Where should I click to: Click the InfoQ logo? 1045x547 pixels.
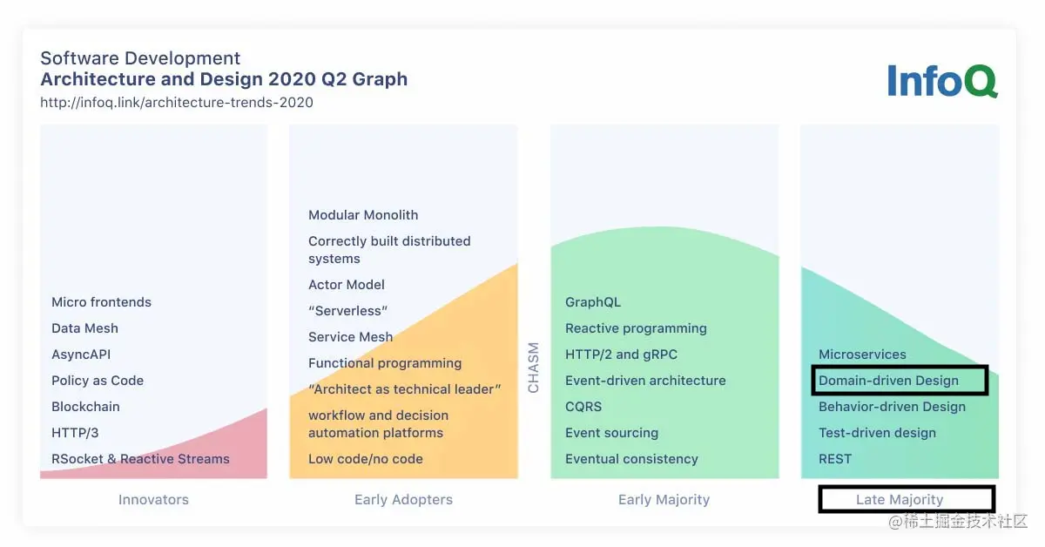(942, 81)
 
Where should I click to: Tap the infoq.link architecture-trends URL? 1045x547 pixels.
(177, 102)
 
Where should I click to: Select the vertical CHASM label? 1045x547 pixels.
(533, 368)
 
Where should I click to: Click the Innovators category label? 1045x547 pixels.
(153, 499)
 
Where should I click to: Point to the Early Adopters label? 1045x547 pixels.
(403, 499)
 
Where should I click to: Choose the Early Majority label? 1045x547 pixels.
(664, 499)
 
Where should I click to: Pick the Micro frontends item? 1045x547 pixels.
(101, 302)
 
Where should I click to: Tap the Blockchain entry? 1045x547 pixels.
(85, 407)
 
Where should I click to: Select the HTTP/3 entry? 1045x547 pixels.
(75, 433)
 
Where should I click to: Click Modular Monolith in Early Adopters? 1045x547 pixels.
(363, 214)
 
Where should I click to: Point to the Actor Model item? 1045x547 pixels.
(347, 284)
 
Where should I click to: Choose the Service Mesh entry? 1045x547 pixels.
(350, 336)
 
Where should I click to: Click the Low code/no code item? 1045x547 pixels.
(365, 459)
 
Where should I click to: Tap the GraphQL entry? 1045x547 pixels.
(593, 302)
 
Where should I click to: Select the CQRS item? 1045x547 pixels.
(583, 407)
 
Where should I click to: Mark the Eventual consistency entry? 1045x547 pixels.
(631, 459)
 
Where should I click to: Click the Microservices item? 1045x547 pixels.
(862, 355)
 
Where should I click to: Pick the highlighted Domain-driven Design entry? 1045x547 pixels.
(888, 381)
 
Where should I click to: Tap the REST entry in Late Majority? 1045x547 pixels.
(835, 459)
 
